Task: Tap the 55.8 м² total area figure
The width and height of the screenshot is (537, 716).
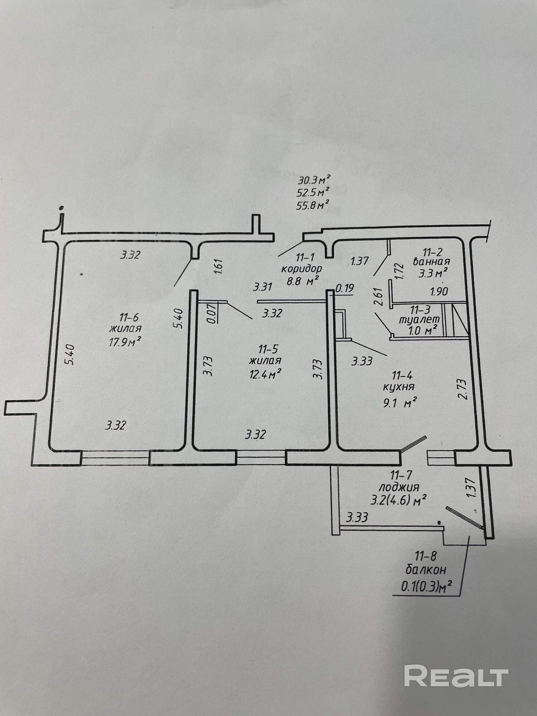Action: coord(313,205)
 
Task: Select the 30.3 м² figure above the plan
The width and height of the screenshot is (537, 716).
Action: coord(313,179)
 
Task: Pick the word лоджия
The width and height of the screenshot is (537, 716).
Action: coord(399,487)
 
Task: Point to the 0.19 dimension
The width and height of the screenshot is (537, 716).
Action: coord(344,289)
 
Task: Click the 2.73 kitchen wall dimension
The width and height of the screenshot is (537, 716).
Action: coord(463,389)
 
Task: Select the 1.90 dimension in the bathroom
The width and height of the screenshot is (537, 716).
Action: coord(439,291)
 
